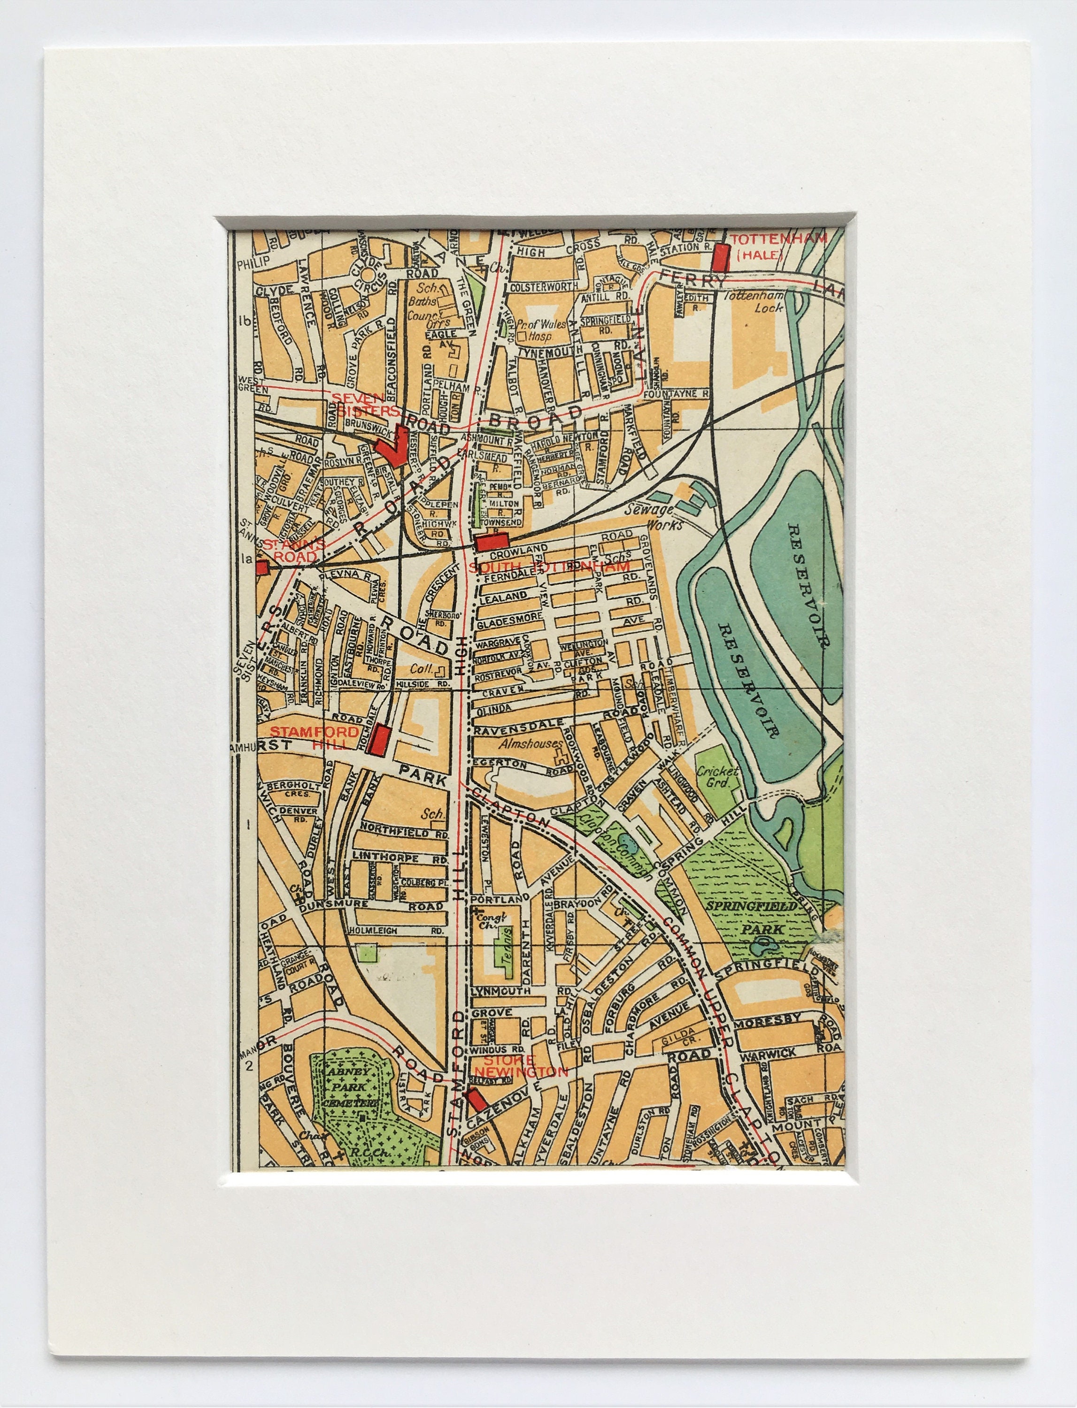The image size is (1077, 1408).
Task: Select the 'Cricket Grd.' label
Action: coord(717,777)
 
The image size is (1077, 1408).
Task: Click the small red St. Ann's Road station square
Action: coord(262,566)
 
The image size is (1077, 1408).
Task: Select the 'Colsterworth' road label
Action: coord(544,286)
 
